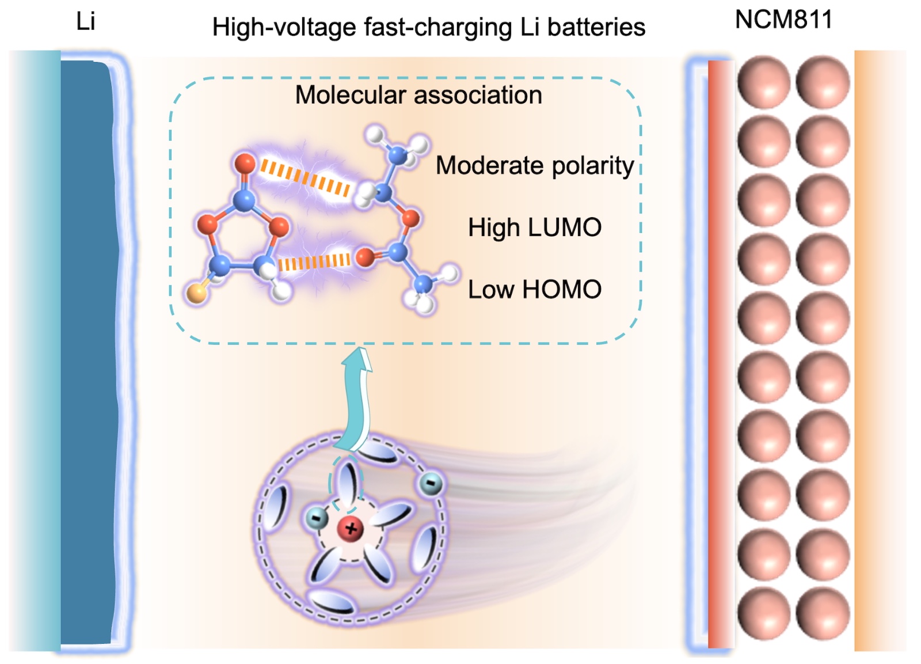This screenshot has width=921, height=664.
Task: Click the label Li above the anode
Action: pos(85,22)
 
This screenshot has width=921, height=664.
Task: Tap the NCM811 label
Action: pos(783,20)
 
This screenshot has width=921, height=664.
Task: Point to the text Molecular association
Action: pos(418,95)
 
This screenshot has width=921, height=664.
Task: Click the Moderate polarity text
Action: pos(535,166)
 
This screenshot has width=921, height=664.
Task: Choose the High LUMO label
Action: pos(535,227)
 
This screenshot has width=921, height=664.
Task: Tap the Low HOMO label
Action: pos(535,289)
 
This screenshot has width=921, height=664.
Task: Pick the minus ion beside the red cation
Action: pos(316,518)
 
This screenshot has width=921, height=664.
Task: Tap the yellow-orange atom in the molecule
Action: pos(196,294)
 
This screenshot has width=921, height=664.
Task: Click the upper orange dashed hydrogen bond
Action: pos(305,178)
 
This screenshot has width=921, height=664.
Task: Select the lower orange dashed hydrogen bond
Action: pos(314,263)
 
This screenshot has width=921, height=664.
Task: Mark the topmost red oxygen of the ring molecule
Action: pos(245,164)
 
